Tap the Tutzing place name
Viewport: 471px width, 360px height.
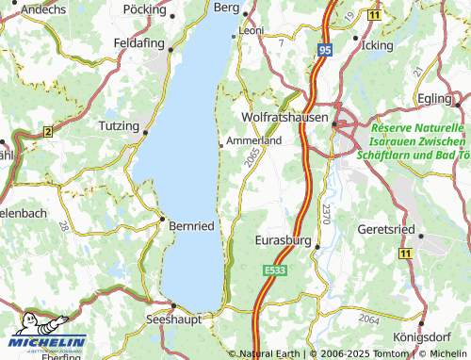(118, 124)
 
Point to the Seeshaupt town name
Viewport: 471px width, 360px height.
(173, 320)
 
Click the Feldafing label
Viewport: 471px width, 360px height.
(138, 43)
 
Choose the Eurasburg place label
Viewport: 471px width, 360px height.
(284, 241)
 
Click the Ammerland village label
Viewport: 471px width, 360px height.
(254, 140)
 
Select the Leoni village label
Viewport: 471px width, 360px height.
(251, 30)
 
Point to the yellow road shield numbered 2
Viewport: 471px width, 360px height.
(46, 133)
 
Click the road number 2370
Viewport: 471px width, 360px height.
(325, 213)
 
